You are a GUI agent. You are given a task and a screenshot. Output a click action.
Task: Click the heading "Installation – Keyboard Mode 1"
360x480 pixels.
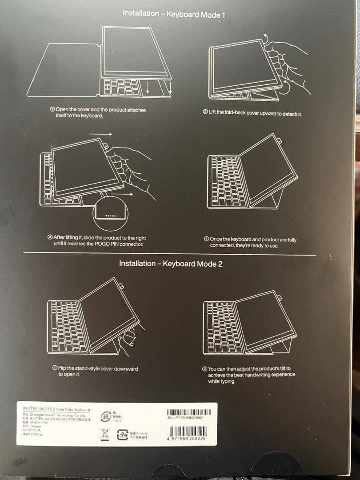(x=174, y=14)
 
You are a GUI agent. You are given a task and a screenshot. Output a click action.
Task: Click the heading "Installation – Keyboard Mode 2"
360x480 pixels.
(x=171, y=264)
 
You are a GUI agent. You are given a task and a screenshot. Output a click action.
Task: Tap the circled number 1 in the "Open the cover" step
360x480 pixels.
(x=52, y=110)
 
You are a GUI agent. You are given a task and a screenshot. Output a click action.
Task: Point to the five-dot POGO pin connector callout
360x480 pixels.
(x=110, y=216)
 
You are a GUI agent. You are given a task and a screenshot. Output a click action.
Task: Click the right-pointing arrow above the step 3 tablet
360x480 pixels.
(x=101, y=133)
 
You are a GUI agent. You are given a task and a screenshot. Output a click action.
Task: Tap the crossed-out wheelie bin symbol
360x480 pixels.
(x=105, y=434)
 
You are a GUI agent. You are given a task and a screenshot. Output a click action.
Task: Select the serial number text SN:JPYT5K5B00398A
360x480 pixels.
(x=186, y=418)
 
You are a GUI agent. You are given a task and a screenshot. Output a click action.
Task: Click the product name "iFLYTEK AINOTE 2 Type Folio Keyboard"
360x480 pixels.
(x=56, y=410)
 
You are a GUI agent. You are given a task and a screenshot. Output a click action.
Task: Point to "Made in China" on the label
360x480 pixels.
(x=32, y=434)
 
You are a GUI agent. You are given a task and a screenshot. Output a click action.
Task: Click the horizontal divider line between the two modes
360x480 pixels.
(x=169, y=254)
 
